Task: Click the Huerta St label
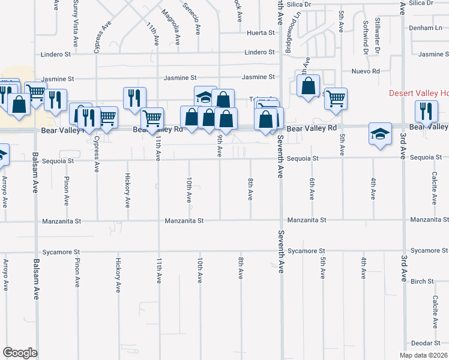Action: [x=259, y=32]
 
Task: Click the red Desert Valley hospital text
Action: [x=418, y=93]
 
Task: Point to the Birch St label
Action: [x=423, y=281]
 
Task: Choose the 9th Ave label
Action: [x=220, y=146]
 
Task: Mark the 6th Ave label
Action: [x=312, y=189]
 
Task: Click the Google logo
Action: [x=20, y=353]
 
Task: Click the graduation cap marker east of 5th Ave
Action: [x=380, y=134]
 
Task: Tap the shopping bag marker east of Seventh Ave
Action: [x=308, y=85]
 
